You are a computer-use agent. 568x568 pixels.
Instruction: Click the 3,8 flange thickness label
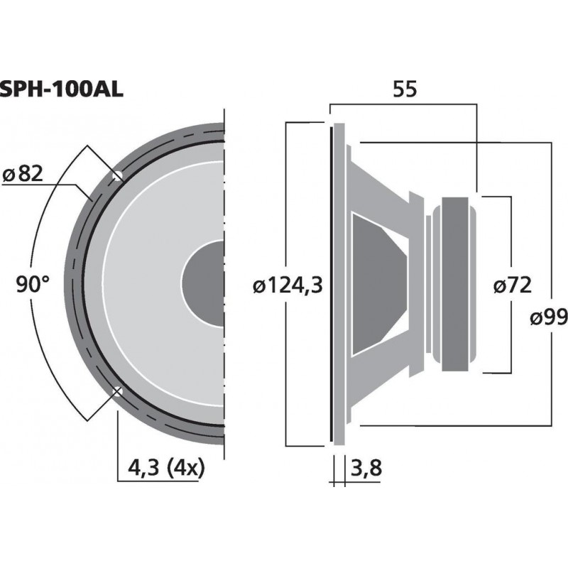point(368,469)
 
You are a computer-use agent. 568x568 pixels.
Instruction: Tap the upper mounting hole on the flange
point(118,175)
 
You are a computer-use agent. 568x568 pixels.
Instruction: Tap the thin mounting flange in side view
point(332,284)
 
